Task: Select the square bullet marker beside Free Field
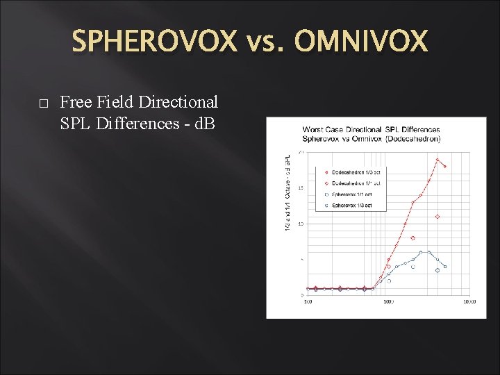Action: (x=43, y=103)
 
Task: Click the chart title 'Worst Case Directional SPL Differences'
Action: (x=371, y=130)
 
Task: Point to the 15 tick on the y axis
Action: (x=300, y=187)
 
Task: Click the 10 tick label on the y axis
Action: (x=300, y=224)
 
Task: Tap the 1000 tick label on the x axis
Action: (x=388, y=301)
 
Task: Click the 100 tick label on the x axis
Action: (x=308, y=301)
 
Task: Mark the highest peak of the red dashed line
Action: (x=437, y=160)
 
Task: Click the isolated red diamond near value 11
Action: (x=437, y=217)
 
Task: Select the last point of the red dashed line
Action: (x=445, y=167)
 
